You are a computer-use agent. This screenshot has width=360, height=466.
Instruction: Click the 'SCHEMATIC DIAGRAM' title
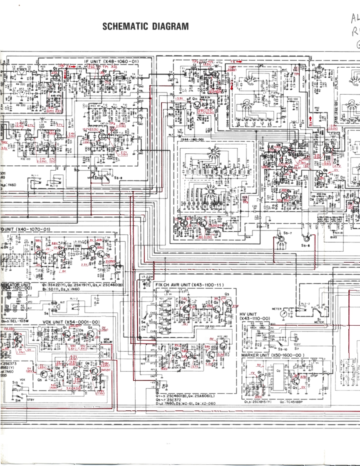tap(145, 27)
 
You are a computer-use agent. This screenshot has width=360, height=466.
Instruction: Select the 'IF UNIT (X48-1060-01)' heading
tap(112, 61)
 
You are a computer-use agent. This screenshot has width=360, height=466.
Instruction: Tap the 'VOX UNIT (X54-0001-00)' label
tap(71, 322)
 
